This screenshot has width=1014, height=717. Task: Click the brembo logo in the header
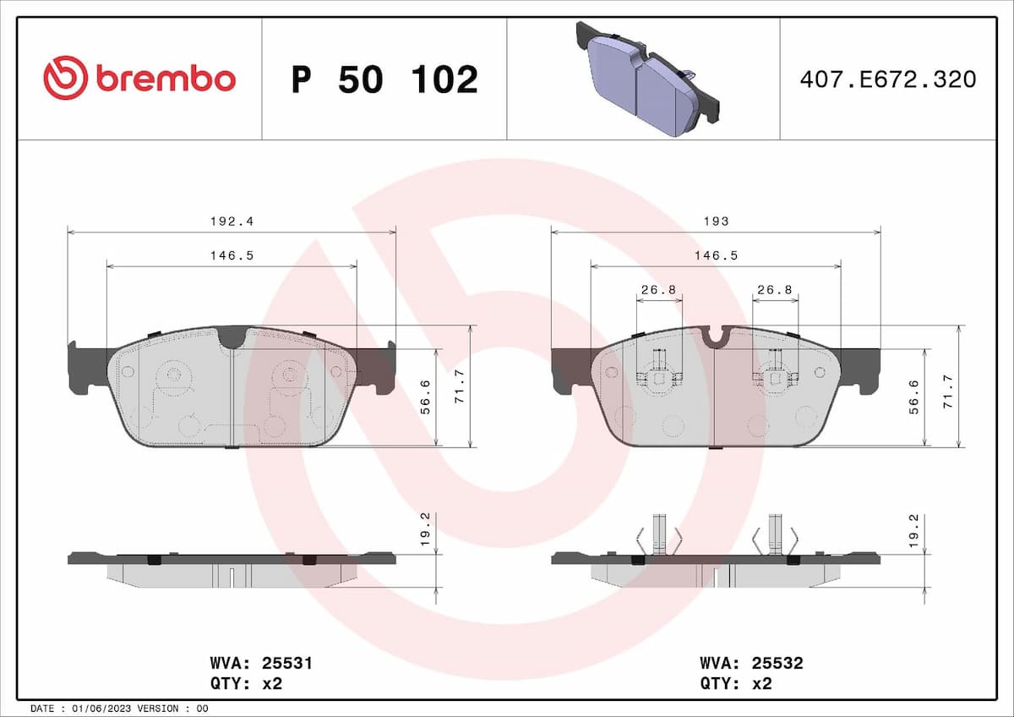pos(139,79)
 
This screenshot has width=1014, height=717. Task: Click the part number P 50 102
pos(384,79)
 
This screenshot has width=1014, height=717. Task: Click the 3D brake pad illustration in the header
pos(646,78)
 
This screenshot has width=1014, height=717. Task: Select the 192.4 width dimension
pos(232,221)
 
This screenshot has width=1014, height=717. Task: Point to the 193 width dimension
pos(716,221)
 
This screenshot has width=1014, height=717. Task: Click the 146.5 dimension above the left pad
pos(232,255)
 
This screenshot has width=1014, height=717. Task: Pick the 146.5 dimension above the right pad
pos(716,255)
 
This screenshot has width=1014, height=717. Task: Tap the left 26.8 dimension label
pos(658,289)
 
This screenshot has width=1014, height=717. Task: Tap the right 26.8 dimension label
pos(775,289)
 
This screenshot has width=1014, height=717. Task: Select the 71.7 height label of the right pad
pos(949,386)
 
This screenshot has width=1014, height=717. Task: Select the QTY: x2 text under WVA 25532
pos(735,683)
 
